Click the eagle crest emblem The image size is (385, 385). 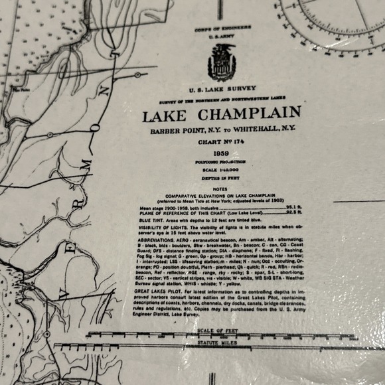point(222,62)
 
